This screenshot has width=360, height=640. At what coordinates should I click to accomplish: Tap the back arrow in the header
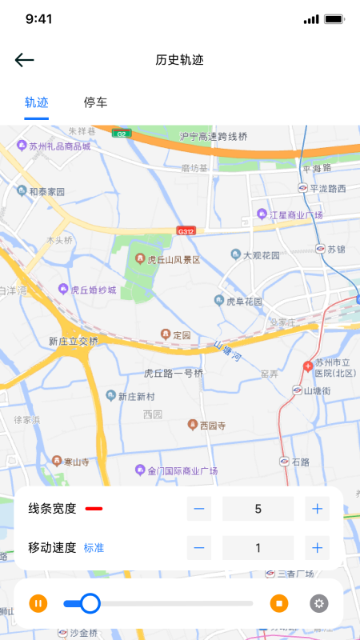tap(25, 60)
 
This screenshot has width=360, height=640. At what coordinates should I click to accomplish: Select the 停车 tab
tap(96, 102)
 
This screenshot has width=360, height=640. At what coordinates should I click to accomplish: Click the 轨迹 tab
tap(37, 102)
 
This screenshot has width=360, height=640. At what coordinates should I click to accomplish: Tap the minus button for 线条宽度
tap(199, 508)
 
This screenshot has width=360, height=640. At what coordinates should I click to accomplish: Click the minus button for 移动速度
tap(199, 548)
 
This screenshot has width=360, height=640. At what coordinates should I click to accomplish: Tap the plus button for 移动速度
tap(318, 548)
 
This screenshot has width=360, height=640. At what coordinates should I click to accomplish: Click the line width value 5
tap(258, 508)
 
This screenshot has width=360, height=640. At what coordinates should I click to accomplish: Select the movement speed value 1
tap(258, 548)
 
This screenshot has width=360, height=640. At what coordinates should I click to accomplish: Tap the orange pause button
tap(38, 603)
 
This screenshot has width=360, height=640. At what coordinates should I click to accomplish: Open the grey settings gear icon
tap(319, 603)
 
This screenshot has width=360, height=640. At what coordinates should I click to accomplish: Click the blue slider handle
tap(90, 603)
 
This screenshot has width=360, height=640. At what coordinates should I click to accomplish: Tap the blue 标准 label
tap(94, 548)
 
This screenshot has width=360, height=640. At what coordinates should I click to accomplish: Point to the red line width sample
tap(94, 508)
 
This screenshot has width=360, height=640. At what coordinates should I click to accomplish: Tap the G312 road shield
tap(186, 231)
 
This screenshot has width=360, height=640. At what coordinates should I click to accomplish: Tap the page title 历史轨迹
tap(180, 60)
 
